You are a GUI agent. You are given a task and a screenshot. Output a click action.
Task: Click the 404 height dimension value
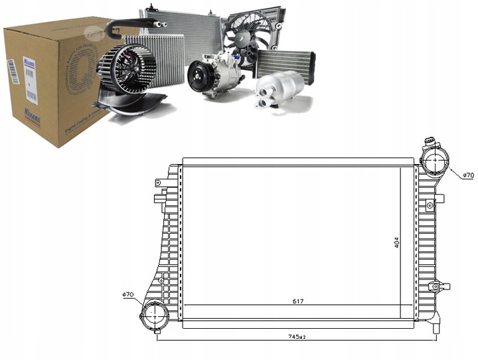click(x=396, y=243)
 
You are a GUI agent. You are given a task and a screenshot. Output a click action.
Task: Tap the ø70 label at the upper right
click(x=468, y=175)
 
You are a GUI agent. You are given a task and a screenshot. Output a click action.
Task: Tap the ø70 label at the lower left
click(x=129, y=294)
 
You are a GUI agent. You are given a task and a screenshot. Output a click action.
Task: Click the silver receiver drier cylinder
click(x=279, y=87)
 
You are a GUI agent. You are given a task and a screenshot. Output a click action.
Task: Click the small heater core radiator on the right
click(x=286, y=64)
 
